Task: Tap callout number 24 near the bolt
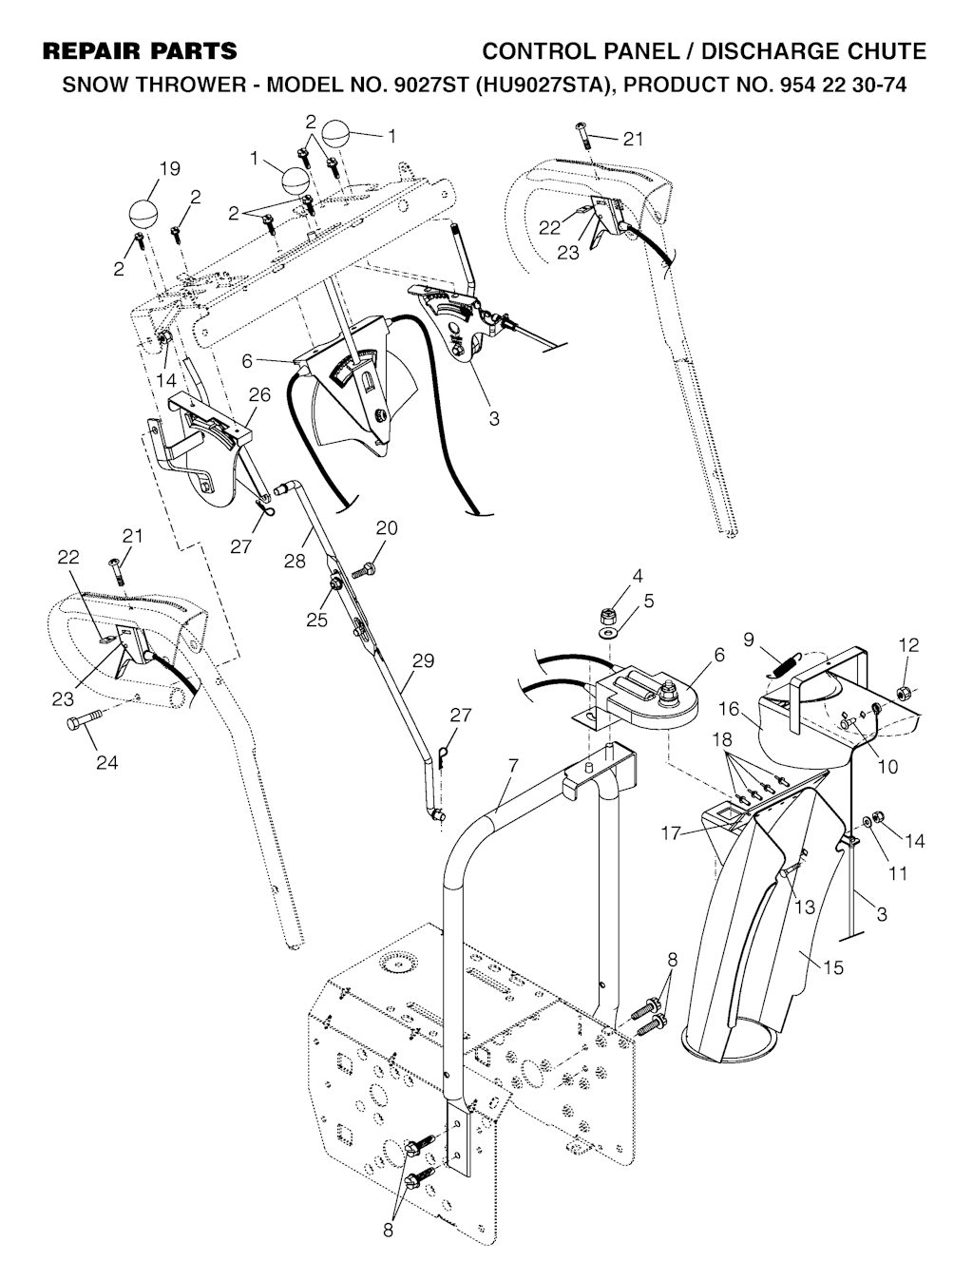pos(106,762)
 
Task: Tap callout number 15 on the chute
pos(833,967)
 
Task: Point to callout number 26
pos(259,393)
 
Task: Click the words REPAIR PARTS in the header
pos(141,50)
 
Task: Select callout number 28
pos(296,561)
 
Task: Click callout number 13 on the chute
pos(804,907)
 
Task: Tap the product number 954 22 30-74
pos(828,86)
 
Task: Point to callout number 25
pos(316,620)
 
